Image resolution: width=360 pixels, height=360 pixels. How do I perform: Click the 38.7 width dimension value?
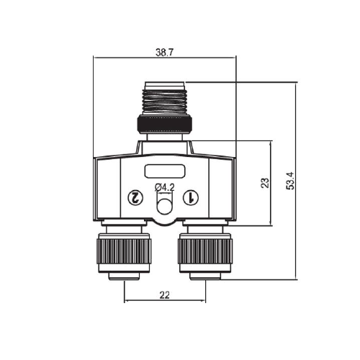[164, 53]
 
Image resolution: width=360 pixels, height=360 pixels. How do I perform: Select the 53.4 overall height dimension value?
[290, 181]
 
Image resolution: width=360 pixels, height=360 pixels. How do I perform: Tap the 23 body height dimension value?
[265, 183]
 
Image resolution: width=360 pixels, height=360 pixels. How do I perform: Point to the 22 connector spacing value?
[165, 295]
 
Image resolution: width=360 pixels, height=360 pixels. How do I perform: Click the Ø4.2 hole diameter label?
[165, 187]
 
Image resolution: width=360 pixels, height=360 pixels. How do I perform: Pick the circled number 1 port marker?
[191, 197]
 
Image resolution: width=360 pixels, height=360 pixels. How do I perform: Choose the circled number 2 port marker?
[135, 197]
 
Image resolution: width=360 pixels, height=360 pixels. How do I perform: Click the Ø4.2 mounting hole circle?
[164, 206]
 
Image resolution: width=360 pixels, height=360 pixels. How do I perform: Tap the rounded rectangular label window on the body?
[165, 171]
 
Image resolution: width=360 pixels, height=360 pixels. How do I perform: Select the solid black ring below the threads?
[165, 123]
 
